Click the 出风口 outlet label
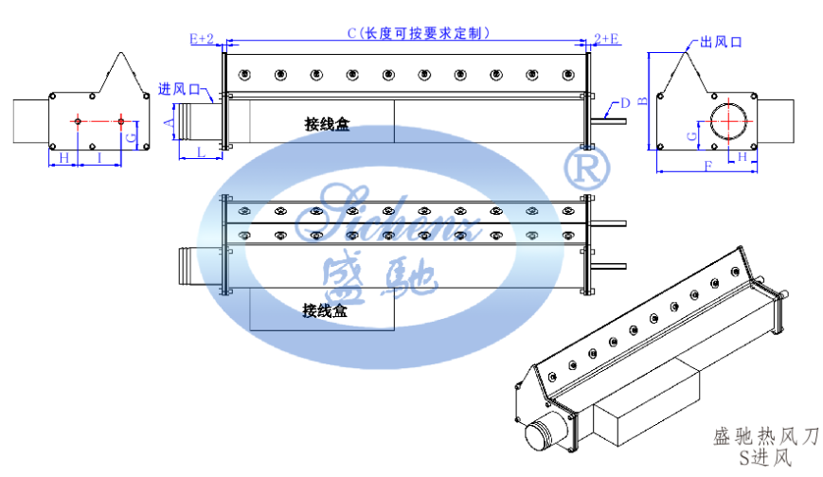720,43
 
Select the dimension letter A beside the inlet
169,123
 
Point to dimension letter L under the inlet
201,151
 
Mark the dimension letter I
100,158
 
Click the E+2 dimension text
202,39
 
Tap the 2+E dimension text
607,39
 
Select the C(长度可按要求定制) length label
418,33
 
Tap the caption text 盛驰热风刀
764,437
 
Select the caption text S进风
766,458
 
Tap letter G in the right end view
692,136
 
